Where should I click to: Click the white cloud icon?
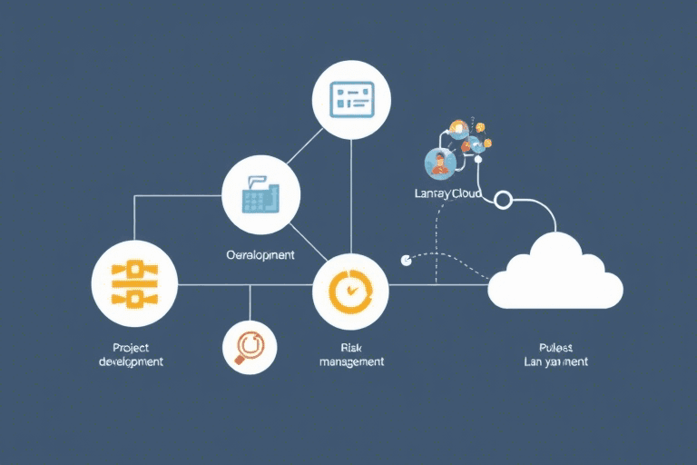555,274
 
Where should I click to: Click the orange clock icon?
349,291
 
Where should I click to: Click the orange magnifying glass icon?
248,346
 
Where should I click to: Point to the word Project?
131,347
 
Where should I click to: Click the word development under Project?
131,361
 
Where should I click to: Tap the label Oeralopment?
260,255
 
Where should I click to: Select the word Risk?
350,347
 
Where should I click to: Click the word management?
350,361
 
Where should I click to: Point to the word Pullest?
555,347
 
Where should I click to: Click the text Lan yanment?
555,361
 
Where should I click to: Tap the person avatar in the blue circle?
440,163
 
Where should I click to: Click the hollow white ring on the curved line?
505,199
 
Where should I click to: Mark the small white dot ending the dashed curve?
406,260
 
